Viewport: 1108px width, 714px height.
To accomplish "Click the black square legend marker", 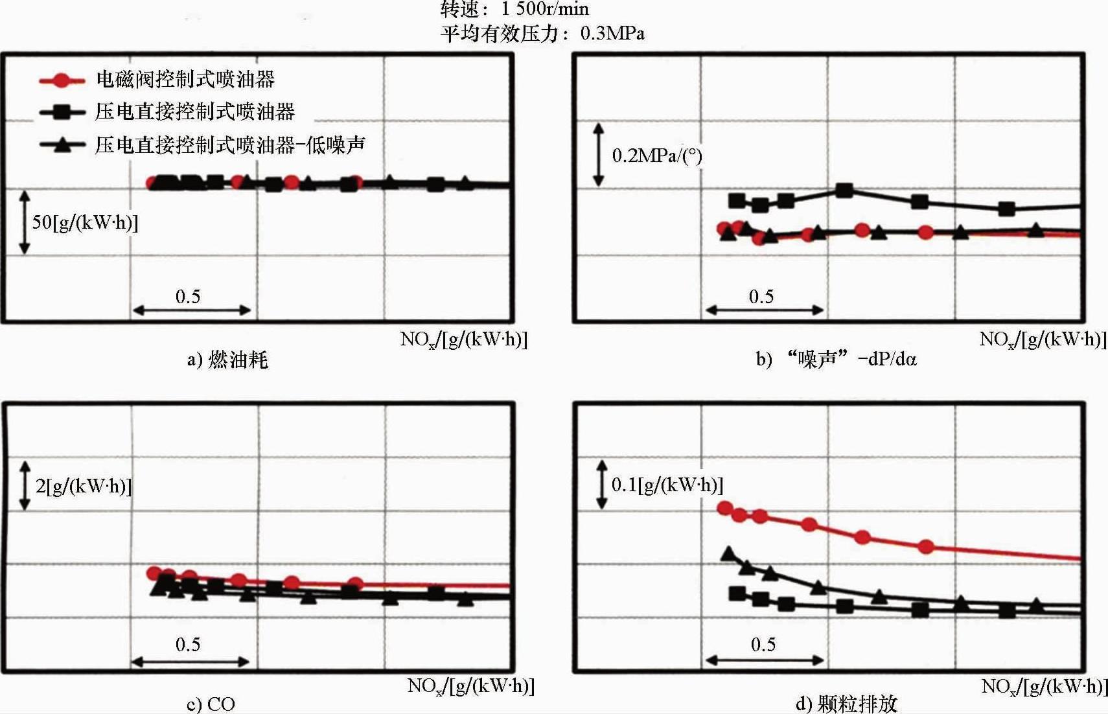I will tap(62, 112).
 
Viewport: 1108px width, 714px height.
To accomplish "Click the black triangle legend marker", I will tap(62, 144).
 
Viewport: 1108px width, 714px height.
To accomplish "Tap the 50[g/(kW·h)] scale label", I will tap(85, 222).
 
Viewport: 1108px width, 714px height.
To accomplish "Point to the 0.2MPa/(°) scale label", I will tap(656, 155).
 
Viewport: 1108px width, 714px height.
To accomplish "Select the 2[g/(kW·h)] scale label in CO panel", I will tap(83, 486).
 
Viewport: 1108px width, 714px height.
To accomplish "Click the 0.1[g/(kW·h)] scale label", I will tap(667, 485).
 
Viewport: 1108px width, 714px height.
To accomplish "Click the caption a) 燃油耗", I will tap(227, 360).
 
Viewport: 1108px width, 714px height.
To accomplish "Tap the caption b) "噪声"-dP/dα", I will tap(836, 358).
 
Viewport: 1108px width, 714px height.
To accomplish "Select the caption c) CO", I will tap(211, 704).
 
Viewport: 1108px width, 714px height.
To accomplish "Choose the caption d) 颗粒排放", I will tap(846, 704).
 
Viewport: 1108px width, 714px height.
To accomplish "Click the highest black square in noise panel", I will tap(844, 190).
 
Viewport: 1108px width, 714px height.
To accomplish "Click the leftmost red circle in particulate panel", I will tap(725, 508).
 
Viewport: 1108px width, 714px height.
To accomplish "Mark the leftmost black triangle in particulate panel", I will tap(729, 554).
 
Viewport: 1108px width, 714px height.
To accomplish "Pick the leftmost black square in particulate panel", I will tap(736, 593).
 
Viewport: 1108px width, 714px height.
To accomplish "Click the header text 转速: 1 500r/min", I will tap(514, 9).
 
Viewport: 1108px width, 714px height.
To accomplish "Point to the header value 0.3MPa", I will tap(612, 34).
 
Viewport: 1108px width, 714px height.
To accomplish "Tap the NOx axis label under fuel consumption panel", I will tap(463, 339).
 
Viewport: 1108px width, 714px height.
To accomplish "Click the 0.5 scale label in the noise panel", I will tap(761, 297).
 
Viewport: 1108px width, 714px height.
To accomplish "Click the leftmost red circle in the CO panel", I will tap(154, 573).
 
